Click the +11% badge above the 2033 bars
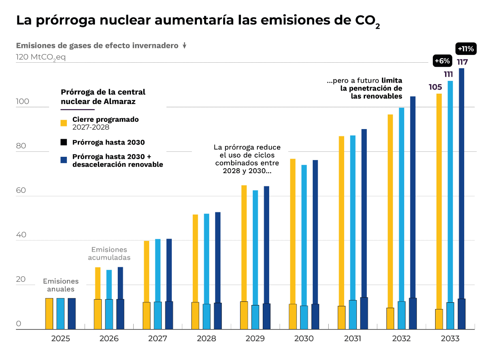coord(466,48)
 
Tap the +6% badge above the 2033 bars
coord(442,60)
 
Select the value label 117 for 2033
coord(462,62)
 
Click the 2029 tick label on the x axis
coord(255,339)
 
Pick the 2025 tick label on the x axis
coord(60,339)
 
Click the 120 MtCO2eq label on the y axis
coord(41,58)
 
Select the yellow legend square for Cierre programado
coord(64,123)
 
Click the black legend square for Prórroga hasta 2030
coord(64,142)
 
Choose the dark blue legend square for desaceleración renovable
coord(64,160)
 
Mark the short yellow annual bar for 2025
coord(49,314)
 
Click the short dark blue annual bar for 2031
coord(364,313)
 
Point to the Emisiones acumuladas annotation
coord(109,254)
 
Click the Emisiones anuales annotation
coord(60,285)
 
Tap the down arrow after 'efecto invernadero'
coord(185,45)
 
